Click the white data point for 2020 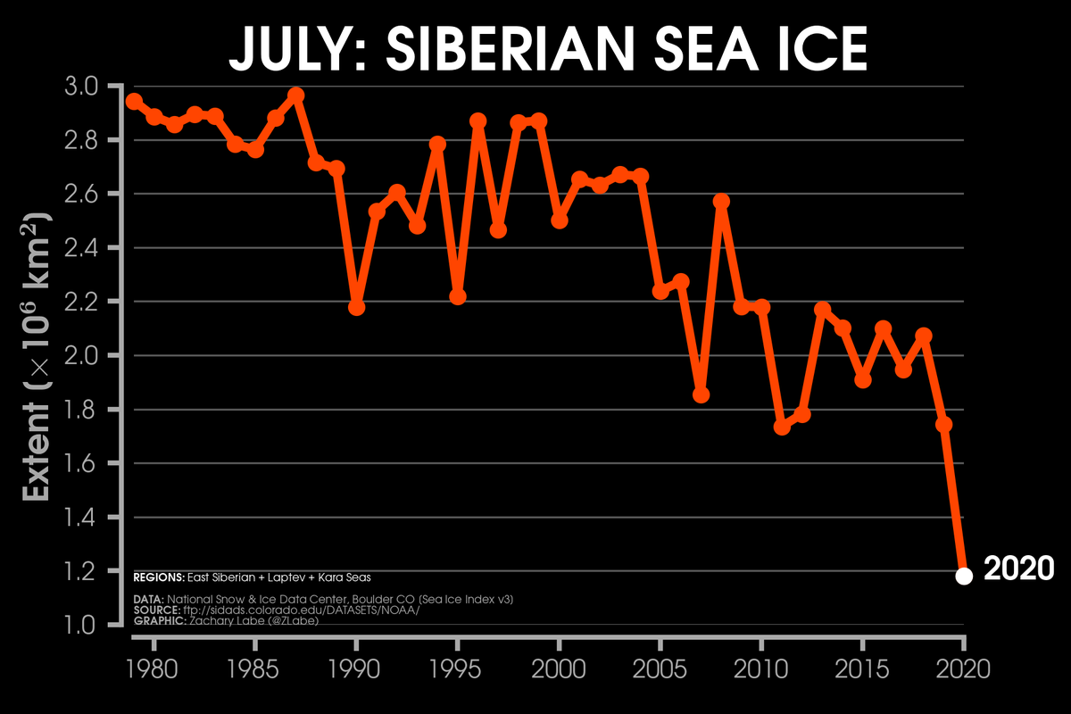click(964, 576)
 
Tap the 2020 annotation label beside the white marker click(1018, 569)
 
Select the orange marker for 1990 click(356, 307)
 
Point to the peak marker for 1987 click(296, 95)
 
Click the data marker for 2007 click(701, 394)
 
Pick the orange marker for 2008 click(721, 201)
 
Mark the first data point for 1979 click(134, 101)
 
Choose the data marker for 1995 click(458, 296)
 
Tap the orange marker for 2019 click(943, 424)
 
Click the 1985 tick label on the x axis click(255, 668)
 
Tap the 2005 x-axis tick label click(660, 668)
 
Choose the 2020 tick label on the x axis click(964, 668)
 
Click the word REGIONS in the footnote click(158, 578)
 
